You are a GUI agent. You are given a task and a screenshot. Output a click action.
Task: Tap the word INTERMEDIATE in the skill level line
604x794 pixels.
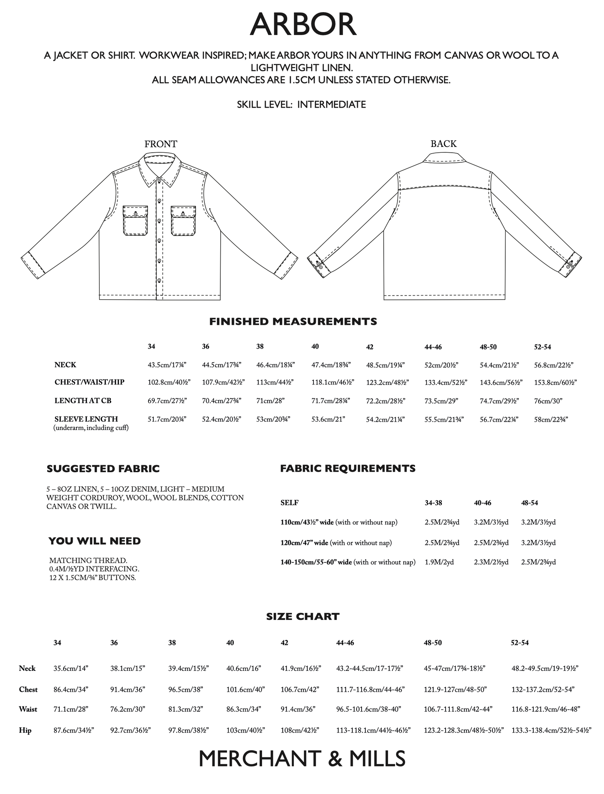click(331, 104)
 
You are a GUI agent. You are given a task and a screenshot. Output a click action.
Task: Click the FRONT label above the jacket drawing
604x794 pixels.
click(161, 144)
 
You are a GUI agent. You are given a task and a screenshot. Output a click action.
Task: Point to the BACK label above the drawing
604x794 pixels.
click(443, 144)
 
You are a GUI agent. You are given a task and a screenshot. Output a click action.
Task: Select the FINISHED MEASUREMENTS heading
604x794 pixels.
click(293, 321)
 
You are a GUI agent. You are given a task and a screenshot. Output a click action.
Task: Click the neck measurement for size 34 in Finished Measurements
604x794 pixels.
click(167, 364)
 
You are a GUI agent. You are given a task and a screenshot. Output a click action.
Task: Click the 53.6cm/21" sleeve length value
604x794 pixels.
click(328, 419)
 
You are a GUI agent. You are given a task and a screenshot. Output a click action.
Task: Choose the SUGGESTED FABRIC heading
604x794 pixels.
click(103, 469)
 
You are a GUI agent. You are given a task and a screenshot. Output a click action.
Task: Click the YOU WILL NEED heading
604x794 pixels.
click(95, 541)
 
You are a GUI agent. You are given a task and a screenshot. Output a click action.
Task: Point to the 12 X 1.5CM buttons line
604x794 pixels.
click(92, 578)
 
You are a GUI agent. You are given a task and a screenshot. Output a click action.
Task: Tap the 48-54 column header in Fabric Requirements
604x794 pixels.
click(529, 503)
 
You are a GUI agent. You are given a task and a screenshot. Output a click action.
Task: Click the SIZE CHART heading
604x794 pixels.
click(303, 617)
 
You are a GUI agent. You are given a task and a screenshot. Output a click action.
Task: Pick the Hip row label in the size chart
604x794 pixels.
click(25, 730)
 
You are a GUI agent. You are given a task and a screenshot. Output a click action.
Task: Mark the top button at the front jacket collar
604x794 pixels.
click(159, 181)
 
